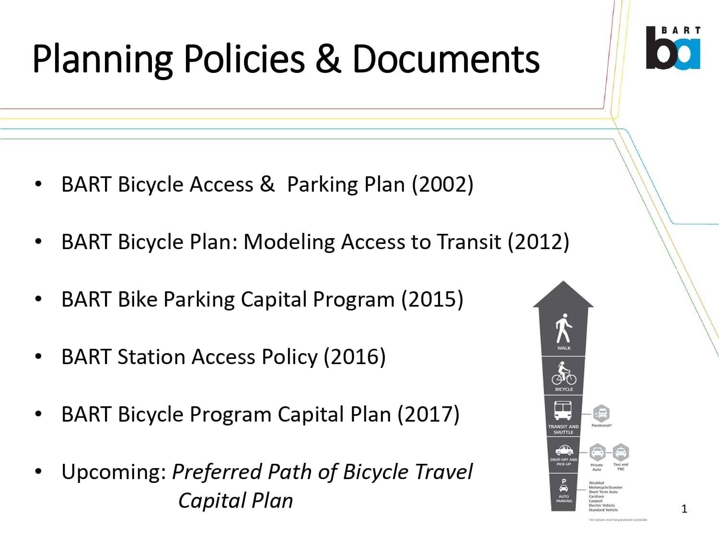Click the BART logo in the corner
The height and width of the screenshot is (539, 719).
point(673,48)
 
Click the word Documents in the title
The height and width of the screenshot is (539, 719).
point(446,59)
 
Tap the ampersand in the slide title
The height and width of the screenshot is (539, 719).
point(328,59)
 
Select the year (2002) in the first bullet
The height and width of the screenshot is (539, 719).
point(442,184)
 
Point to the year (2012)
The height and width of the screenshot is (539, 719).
point(538,242)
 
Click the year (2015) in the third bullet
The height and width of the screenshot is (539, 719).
point(432,299)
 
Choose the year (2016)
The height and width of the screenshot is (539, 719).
point(355,357)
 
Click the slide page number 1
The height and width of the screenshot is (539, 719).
point(684,509)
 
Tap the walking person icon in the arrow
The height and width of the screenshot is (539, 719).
point(564,328)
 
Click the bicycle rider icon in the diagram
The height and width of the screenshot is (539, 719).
point(564,373)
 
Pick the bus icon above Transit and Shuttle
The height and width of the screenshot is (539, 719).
point(563,411)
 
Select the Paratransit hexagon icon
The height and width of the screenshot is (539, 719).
point(601,413)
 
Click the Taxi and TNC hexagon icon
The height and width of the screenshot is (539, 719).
point(621,452)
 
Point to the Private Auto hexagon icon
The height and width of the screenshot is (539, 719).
point(597,452)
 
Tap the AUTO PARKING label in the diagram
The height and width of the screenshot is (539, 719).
point(564,498)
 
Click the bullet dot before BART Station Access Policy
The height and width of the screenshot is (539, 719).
point(38,356)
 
